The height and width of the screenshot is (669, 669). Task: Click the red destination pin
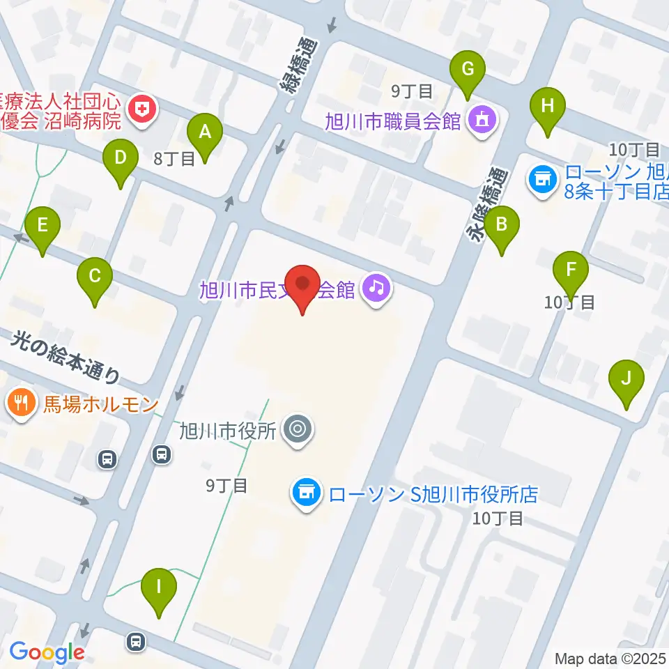pyautogui.click(x=302, y=287)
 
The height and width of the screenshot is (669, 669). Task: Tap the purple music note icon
pyautogui.click(x=377, y=286)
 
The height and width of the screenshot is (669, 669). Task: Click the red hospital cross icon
pyautogui.click(x=143, y=109)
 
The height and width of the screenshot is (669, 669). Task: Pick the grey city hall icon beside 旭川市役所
pyautogui.click(x=298, y=429)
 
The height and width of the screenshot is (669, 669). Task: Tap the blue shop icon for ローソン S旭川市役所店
pyautogui.click(x=306, y=494)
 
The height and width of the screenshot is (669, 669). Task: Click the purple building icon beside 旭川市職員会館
pyautogui.click(x=482, y=120)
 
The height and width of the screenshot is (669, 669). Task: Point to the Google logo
pyautogui.click(x=46, y=653)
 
